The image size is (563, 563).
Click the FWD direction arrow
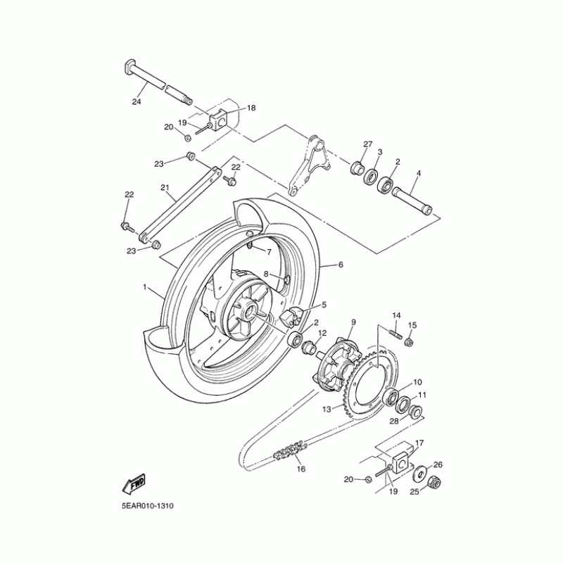click(134, 483)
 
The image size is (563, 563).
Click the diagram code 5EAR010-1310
click(148, 506)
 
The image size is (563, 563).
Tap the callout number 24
click(137, 101)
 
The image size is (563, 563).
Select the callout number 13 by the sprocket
click(327, 410)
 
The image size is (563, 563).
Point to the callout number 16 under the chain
click(301, 469)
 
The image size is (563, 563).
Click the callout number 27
click(367, 144)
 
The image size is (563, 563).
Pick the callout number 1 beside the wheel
click(145, 287)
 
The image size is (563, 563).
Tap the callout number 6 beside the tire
click(341, 265)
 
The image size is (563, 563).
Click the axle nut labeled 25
click(434, 483)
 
